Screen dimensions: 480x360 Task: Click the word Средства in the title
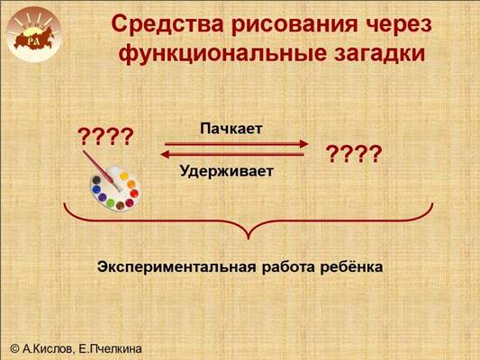(168, 25)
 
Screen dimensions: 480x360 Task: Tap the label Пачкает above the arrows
(231, 129)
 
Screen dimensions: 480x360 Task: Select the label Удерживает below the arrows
(227, 171)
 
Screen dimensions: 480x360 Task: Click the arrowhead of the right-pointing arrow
(304, 144)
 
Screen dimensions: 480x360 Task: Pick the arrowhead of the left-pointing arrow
(165, 155)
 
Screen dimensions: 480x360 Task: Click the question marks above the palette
(105, 137)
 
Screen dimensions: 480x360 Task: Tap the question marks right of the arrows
(354, 154)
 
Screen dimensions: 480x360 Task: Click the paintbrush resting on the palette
(102, 171)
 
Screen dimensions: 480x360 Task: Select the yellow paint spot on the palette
(124, 176)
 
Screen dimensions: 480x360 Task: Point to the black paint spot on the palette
(96, 180)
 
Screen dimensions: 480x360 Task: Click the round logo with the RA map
(33, 34)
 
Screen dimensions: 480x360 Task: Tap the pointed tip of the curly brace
(249, 238)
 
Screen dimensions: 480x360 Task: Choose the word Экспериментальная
(177, 266)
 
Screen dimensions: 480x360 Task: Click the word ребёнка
(351, 266)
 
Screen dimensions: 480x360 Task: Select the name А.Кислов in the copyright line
(48, 348)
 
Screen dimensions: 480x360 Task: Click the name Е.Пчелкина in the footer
(110, 348)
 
